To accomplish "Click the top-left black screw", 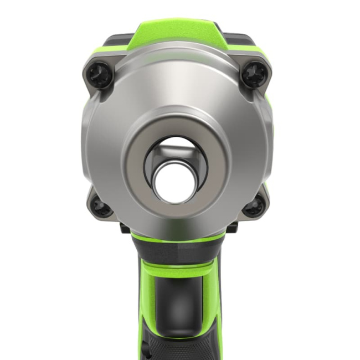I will (100, 74).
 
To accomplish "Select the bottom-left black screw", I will (101, 206).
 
